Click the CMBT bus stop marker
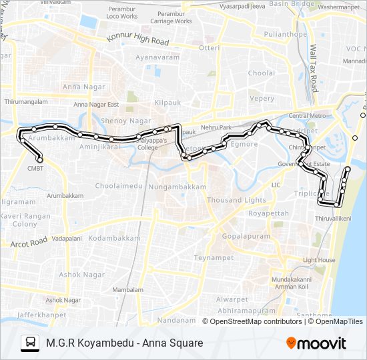point(40,160)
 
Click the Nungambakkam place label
point(177,187)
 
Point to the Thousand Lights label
point(236,200)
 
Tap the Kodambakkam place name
point(114,238)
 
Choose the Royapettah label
point(268,214)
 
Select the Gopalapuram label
point(242,237)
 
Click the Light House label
point(319,261)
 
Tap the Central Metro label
point(307,116)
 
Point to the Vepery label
point(261,99)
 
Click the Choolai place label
point(261,73)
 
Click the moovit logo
point(316,343)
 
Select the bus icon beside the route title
point(30,343)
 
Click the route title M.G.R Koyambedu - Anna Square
point(125,343)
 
